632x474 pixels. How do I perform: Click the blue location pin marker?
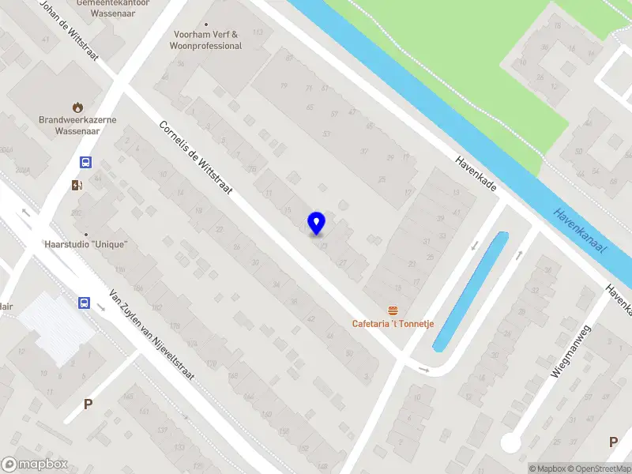pyautogui.click(x=316, y=224)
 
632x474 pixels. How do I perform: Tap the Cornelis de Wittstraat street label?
pyautogui.click(x=195, y=160)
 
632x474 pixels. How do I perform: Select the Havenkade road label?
pyautogui.click(x=476, y=173)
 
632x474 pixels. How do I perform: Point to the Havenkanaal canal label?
pyautogui.click(x=580, y=231)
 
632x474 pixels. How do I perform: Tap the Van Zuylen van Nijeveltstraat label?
pyautogui.click(x=152, y=333)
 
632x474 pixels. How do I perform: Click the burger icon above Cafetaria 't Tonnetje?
pyautogui.click(x=392, y=310)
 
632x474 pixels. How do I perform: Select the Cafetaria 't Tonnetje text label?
pyautogui.click(x=393, y=324)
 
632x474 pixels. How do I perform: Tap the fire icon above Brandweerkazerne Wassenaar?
pyautogui.click(x=77, y=107)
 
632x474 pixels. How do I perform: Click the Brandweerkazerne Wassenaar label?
pyautogui.click(x=77, y=126)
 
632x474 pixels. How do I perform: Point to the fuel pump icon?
pyautogui.click(x=76, y=186)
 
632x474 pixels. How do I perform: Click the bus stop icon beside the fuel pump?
pyautogui.click(x=85, y=163)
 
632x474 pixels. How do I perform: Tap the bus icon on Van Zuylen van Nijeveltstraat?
pyautogui.click(x=84, y=303)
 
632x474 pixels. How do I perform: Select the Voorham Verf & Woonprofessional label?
pyautogui.click(x=205, y=40)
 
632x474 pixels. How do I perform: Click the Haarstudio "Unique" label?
pyautogui.click(x=87, y=244)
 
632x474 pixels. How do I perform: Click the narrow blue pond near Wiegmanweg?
pyautogui.click(x=470, y=292)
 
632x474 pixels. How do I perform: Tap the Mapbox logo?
pyautogui.click(x=35, y=465)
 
